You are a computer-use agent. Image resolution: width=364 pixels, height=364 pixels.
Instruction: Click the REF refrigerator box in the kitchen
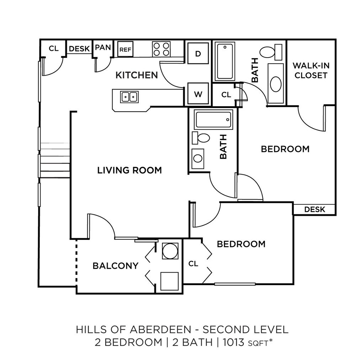125,49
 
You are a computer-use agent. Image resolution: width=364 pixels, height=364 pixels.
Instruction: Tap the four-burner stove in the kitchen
161,49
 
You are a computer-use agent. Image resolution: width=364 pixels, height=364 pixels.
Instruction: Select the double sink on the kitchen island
129,97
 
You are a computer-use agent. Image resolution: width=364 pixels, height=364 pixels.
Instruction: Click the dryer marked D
198,53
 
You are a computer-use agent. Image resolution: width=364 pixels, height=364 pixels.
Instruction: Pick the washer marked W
198,93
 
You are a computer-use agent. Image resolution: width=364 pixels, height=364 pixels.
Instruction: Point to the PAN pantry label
103,48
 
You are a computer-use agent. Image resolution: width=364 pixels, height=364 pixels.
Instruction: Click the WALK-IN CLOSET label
311,70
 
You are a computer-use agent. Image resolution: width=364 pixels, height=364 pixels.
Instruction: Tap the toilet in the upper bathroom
271,52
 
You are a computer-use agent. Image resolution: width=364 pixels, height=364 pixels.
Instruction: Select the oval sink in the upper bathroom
276,84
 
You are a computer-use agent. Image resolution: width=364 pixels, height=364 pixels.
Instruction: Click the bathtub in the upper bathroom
225,61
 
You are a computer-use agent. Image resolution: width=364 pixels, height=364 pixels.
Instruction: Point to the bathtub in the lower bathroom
213,119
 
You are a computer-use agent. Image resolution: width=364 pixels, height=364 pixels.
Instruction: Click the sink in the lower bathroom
198,159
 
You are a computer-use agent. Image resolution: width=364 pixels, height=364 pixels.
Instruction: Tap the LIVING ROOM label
129,170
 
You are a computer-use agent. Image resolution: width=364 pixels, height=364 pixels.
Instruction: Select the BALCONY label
116,266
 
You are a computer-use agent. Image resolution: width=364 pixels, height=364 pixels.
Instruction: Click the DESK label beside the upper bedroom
315,210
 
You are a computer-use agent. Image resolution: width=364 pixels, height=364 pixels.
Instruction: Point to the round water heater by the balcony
170,251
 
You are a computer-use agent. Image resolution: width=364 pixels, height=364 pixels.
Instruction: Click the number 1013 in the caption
234,342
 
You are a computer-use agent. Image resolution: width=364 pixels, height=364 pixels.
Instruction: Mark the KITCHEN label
137,75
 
